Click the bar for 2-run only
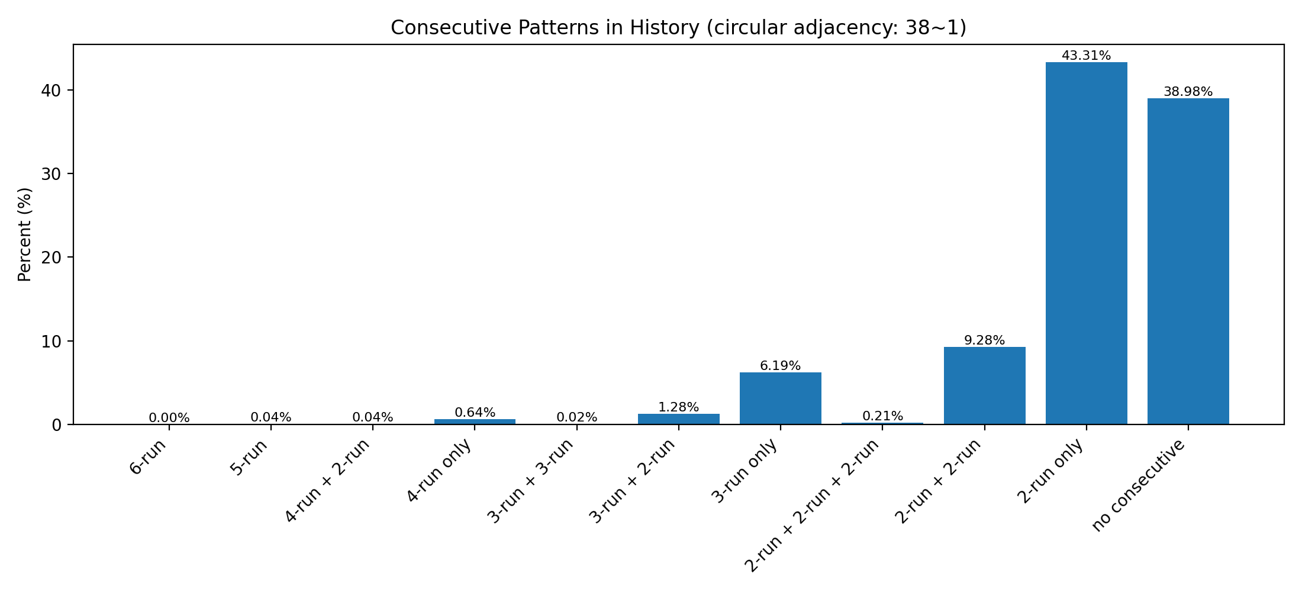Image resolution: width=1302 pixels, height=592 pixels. pos(1086,243)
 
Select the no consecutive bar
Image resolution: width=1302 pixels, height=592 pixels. pos(1188,260)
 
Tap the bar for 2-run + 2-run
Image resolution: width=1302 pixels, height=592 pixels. pos(984,385)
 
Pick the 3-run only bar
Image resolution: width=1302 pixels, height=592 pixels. pos(780,398)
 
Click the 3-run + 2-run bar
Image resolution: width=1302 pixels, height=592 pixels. pos(678,419)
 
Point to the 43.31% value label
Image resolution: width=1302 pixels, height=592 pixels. pos(1086,56)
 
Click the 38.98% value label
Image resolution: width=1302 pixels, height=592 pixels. pos(1188,92)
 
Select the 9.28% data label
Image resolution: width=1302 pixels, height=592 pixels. pos(984,340)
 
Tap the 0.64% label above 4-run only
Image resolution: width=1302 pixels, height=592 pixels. pos(475,413)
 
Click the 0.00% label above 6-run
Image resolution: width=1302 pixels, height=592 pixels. pos(169,418)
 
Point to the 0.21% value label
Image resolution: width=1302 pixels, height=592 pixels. pos(882,416)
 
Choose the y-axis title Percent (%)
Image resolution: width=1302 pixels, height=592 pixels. pos(24,234)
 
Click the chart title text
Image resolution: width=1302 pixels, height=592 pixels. pos(678,28)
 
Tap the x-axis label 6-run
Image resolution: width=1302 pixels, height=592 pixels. pos(149,457)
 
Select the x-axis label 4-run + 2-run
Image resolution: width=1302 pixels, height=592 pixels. pos(328,481)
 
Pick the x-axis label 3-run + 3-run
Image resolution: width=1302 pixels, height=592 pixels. pos(531,481)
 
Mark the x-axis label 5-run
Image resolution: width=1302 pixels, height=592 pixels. pos(249,458)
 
